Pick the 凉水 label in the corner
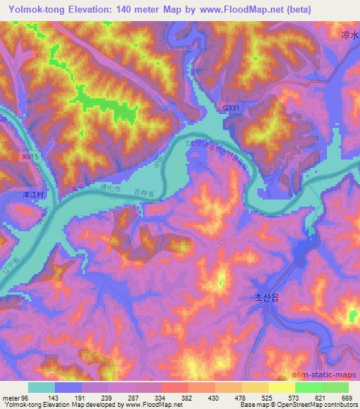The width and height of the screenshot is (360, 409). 345,33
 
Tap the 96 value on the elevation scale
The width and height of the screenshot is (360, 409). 28,398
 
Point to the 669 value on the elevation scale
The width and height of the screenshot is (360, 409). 347,398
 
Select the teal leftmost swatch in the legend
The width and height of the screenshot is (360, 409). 42,387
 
